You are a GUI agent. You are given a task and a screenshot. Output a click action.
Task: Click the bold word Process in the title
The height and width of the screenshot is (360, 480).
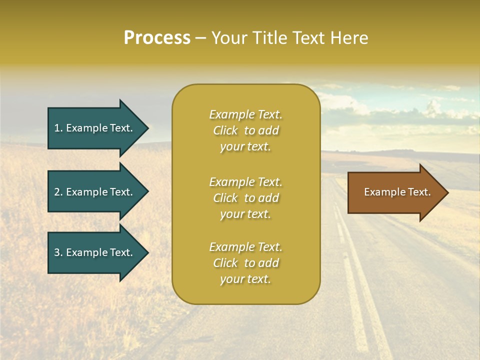(x=157, y=38)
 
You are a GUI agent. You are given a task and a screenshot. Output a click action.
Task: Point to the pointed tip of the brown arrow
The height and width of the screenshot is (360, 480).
(x=446, y=192)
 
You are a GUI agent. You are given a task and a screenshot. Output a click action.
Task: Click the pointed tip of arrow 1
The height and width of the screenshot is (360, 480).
(x=147, y=128)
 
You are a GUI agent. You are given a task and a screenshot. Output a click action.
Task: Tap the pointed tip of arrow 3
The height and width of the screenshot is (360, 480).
(x=147, y=252)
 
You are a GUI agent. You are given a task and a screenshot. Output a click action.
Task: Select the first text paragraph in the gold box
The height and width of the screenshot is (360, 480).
(x=245, y=130)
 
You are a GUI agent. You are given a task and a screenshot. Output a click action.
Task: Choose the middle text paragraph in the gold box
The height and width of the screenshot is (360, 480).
(x=245, y=198)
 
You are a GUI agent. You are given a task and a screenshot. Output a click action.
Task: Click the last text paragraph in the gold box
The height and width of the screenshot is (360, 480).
(x=245, y=263)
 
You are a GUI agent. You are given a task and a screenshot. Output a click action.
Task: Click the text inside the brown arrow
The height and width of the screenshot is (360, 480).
(x=397, y=192)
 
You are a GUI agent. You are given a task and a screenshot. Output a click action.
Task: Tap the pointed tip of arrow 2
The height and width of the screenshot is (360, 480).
(x=147, y=192)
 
